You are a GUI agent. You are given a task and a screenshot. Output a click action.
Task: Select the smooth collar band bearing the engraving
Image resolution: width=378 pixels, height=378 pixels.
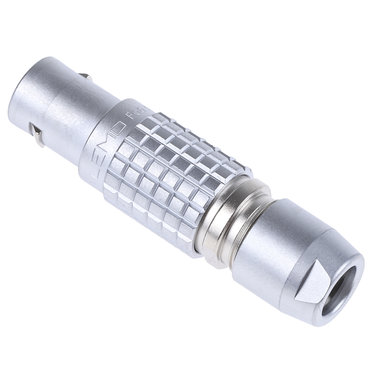tap(104, 132)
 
